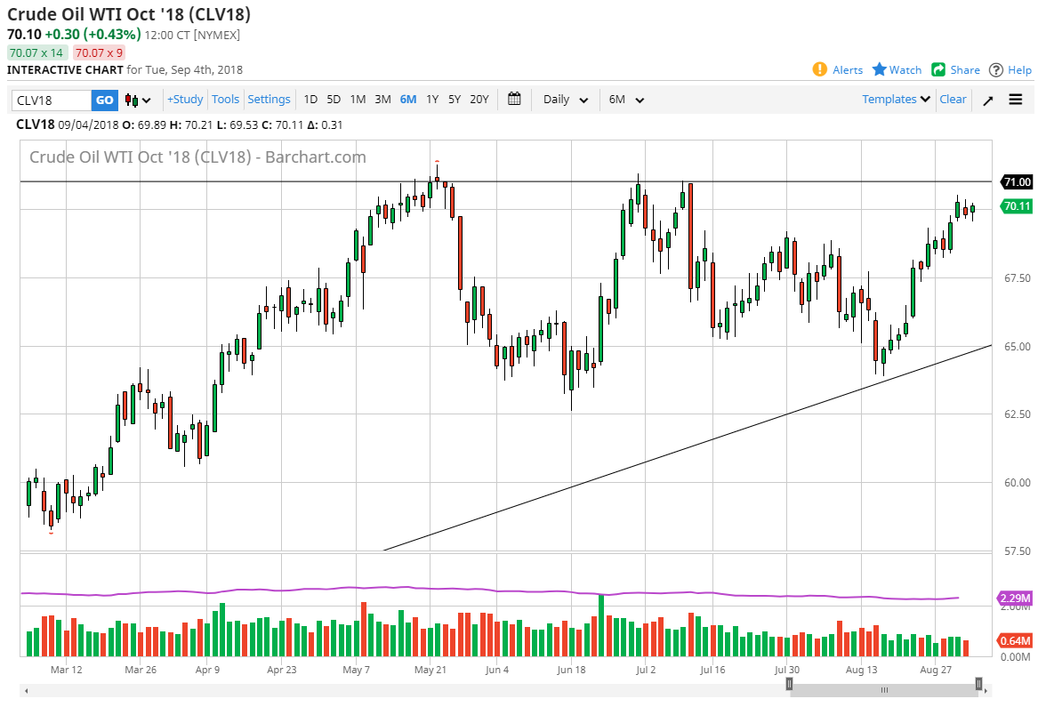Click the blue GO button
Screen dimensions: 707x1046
(104, 100)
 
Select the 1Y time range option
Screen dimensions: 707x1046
(432, 100)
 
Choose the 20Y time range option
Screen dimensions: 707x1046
(479, 100)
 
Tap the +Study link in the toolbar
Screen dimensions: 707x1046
(185, 100)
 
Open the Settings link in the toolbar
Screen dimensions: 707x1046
(269, 100)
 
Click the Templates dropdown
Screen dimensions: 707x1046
(897, 100)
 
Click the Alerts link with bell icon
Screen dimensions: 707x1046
(838, 70)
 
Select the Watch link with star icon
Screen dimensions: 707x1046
(897, 70)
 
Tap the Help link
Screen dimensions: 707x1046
(1010, 70)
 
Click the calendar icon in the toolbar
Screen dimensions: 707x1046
(514, 100)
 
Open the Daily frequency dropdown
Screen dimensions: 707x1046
(566, 100)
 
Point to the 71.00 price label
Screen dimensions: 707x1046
(1018, 182)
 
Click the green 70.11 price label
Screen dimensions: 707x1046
(1018, 206)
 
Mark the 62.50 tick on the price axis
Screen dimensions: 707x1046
(1016, 414)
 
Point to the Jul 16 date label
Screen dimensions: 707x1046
(712, 670)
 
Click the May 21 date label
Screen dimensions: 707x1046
(430, 670)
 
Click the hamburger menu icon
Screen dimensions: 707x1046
(1016, 100)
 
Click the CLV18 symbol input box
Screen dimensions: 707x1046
(51, 100)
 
